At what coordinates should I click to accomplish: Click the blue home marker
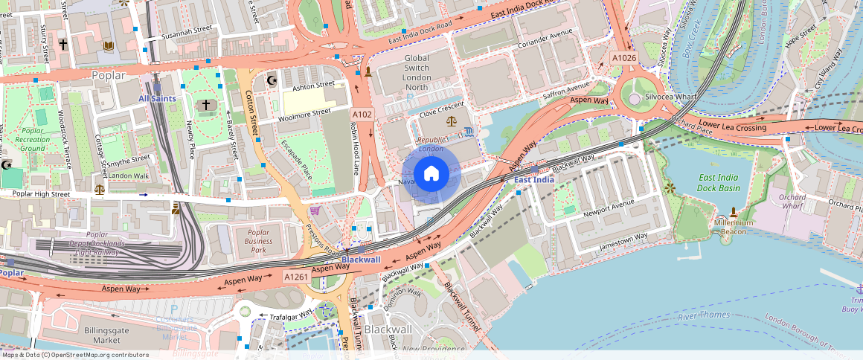pyautogui.click(x=431, y=174)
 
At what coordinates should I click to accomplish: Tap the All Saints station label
pyautogui.click(x=157, y=98)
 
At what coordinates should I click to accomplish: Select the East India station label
pyautogui.click(x=534, y=180)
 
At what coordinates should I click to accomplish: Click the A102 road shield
pyautogui.click(x=362, y=114)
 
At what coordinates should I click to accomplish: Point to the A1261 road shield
pyautogui.click(x=296, y=277)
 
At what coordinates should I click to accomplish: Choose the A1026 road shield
pyautogui.click(x=623, y=57)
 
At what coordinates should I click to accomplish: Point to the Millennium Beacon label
pyautogui.click(x=734, y=227)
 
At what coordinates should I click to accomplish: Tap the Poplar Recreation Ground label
pyautogui.click(x=32, y=139)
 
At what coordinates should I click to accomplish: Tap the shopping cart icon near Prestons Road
pyautogui.click(x=315, y=211)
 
